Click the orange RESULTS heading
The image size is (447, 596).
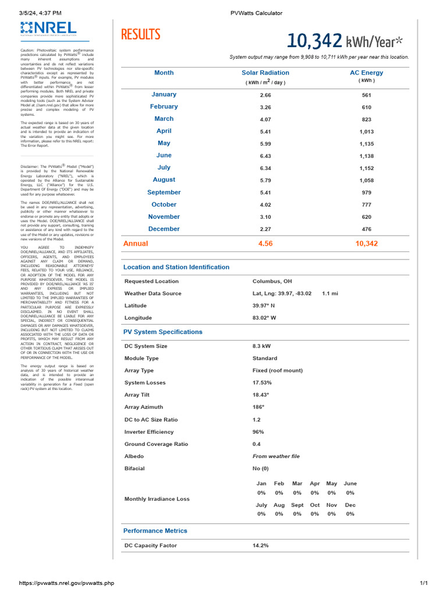(x=140, y=35)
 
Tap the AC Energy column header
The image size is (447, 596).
(x=366, y=73)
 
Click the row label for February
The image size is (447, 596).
(x=164, y=107)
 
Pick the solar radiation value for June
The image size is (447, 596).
(x=265, y=156)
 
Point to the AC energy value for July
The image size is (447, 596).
(x=367, y=168)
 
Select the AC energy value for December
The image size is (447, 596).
(x=367, y=229)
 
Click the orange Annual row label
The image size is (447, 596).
(x=136, y=243)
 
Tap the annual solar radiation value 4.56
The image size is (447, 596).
(x=265, y=244)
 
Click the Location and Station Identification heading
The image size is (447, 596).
(x=176, y=267)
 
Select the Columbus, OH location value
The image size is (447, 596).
(x=272, y=281)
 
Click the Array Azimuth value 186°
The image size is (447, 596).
(x=258, y=407)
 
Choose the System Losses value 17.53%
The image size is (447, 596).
(x=262, y=383)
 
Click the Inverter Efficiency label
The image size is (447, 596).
(x=149, y=432)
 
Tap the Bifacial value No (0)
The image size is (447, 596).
(x=261, y=469)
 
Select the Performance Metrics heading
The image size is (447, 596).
(x=155, y=531)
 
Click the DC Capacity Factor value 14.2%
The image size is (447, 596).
(x=261, y=545)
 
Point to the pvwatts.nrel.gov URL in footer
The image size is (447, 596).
(x=66, y=583)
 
